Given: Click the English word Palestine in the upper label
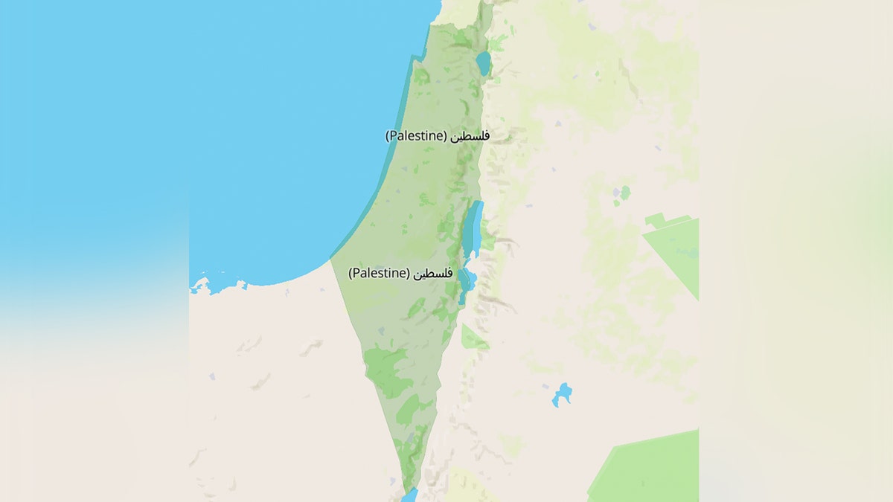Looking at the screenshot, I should pyautogui.click(x=416, y=136).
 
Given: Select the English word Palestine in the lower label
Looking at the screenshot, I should pyautogui.click(x=380, y=273).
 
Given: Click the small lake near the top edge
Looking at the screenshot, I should pyautogui.click(x=484, y=62).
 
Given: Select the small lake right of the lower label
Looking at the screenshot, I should pyautogui.click(x=467, y=282).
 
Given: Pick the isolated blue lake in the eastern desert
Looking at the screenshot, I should pyautogui.click(x=563, y=393).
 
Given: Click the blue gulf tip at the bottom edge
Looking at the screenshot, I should pyautogui.click(x=409, y=495).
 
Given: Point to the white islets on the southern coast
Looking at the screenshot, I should pyautogui.click(x=201, y=285).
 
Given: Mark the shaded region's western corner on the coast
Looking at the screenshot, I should pyautogui.click(x=330, y=259).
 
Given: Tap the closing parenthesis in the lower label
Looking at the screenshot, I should pyautogui.click(x=409, y=273).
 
